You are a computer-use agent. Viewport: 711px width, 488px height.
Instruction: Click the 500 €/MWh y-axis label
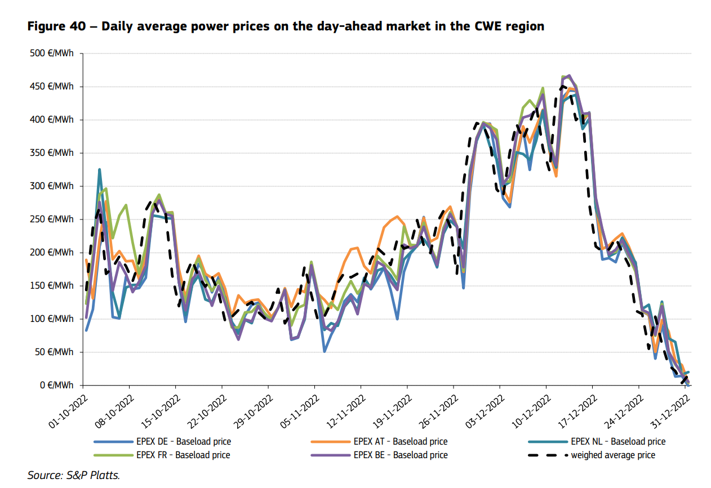pos(52,53)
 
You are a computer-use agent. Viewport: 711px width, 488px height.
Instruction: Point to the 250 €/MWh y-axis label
pos(52,220)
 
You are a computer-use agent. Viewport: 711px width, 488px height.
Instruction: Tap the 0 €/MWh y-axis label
pos(56,386)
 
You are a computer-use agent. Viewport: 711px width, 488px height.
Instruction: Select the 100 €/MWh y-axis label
pos(52,319)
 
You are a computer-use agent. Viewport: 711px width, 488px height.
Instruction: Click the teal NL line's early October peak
pos(100,169)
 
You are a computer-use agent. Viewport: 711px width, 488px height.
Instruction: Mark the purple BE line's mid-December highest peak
pos(569,75)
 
